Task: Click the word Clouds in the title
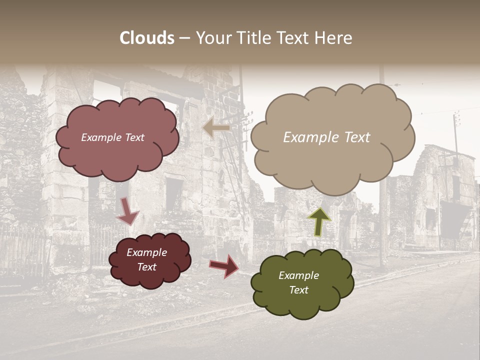[147, 38]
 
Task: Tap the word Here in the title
[334, 38]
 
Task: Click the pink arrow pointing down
[127, 211]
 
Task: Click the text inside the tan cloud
[326, 137]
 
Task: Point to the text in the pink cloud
[112, 137]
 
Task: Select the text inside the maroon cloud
[146, 260]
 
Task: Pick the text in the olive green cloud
[298, 282]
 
